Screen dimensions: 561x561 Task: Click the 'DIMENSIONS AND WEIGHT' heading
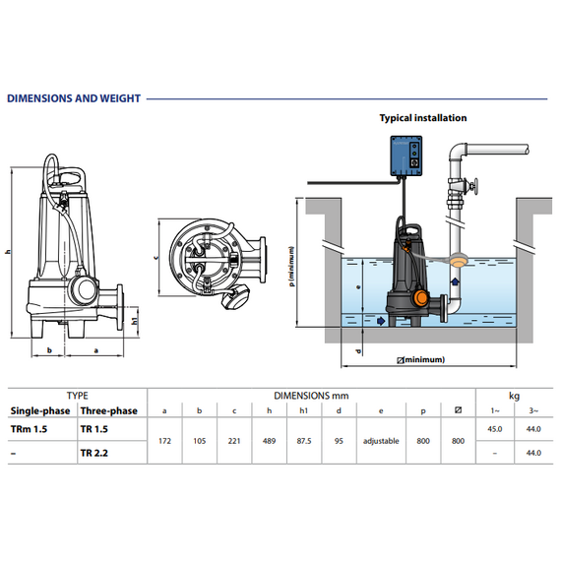[x=74, y=98]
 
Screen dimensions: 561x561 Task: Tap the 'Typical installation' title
[x=423, y=118]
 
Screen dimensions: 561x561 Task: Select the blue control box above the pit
[x=406, y=156]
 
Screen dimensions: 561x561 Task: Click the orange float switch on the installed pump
[x=421, y=298]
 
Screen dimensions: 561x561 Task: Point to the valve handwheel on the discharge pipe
[x=474, y=187]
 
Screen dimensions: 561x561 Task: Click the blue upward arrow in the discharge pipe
[x=455, y=281]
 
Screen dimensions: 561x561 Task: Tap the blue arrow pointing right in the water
[x=381, y=321]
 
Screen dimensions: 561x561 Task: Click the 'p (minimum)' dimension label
[x=292, y=266]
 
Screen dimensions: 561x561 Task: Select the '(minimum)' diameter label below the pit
[x=421, y=359]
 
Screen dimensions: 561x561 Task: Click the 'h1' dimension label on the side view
[x=135, y=321]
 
